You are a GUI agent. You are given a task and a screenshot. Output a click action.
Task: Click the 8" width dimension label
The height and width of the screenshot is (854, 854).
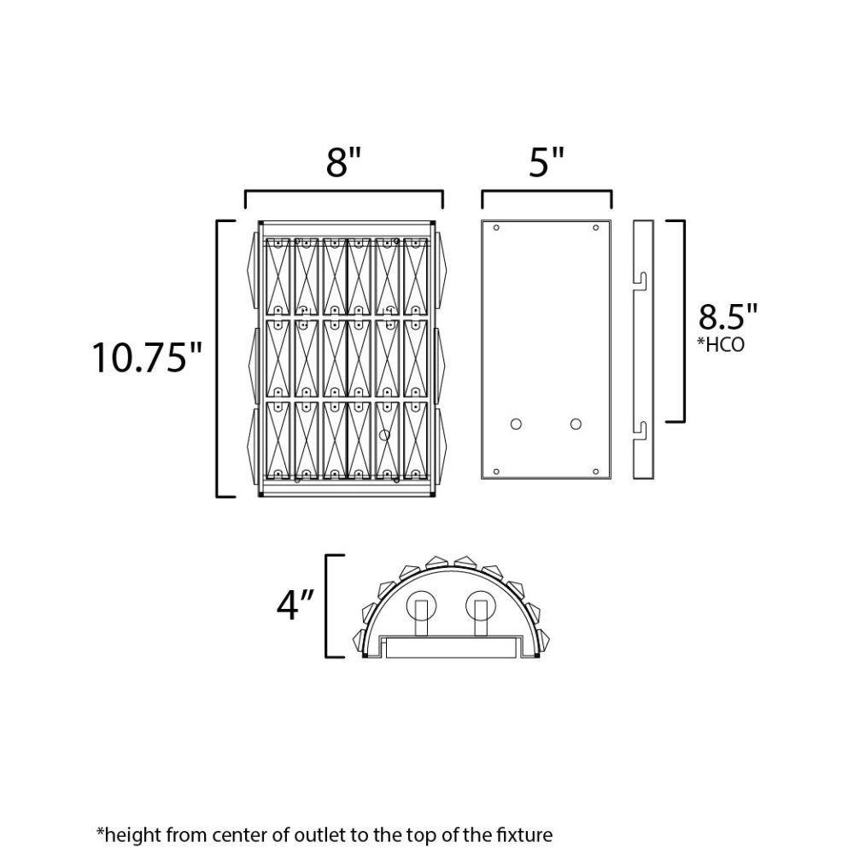343,161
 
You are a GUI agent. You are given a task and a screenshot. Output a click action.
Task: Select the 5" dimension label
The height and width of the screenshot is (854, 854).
547,161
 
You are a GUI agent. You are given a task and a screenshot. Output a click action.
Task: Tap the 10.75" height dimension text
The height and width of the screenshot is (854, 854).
147,358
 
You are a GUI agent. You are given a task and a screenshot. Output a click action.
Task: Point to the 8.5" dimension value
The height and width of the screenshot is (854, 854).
728,316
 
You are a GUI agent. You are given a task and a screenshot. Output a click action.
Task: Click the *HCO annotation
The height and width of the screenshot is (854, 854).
721,345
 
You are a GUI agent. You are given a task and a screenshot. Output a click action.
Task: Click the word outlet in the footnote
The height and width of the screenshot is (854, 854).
317,835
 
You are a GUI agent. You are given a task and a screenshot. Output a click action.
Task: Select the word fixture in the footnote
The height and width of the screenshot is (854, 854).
524,835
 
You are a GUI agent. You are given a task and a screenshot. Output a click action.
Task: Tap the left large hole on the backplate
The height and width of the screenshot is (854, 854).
516,424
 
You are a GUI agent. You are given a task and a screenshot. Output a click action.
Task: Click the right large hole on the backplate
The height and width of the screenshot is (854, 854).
576,424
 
